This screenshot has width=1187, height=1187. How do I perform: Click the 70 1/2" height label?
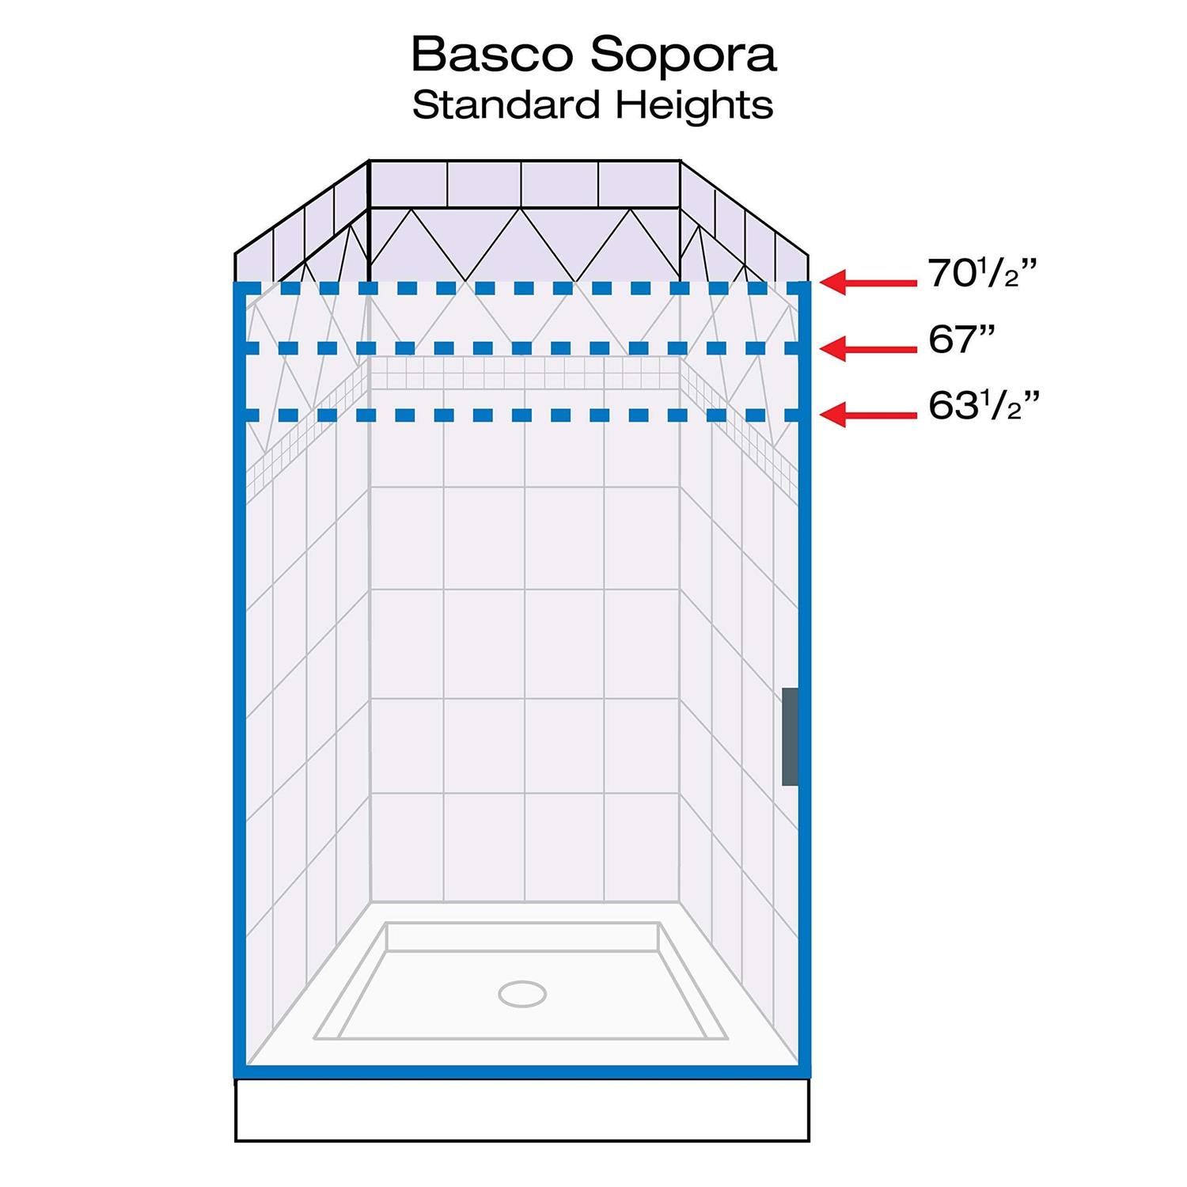(x=982, y=274)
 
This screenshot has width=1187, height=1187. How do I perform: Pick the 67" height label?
(x=961, y=339)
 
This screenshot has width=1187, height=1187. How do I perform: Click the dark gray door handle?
(x=790, y=737)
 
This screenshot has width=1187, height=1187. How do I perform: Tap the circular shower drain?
(x=523, y=993)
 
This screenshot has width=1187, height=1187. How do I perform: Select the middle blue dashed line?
(x=522, y=348)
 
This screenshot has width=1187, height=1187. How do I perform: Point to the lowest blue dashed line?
(x=522, y=415)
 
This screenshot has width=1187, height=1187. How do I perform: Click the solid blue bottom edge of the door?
(x=522, y=1072)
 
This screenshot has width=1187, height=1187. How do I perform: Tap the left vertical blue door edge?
(x=241, y=680)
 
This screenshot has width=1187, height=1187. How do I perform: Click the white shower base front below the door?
(x=522, y=1109)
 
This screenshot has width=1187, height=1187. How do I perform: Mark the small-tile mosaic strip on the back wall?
(x=525, y=373)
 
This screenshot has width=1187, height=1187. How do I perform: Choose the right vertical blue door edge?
(x=805, y=680)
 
